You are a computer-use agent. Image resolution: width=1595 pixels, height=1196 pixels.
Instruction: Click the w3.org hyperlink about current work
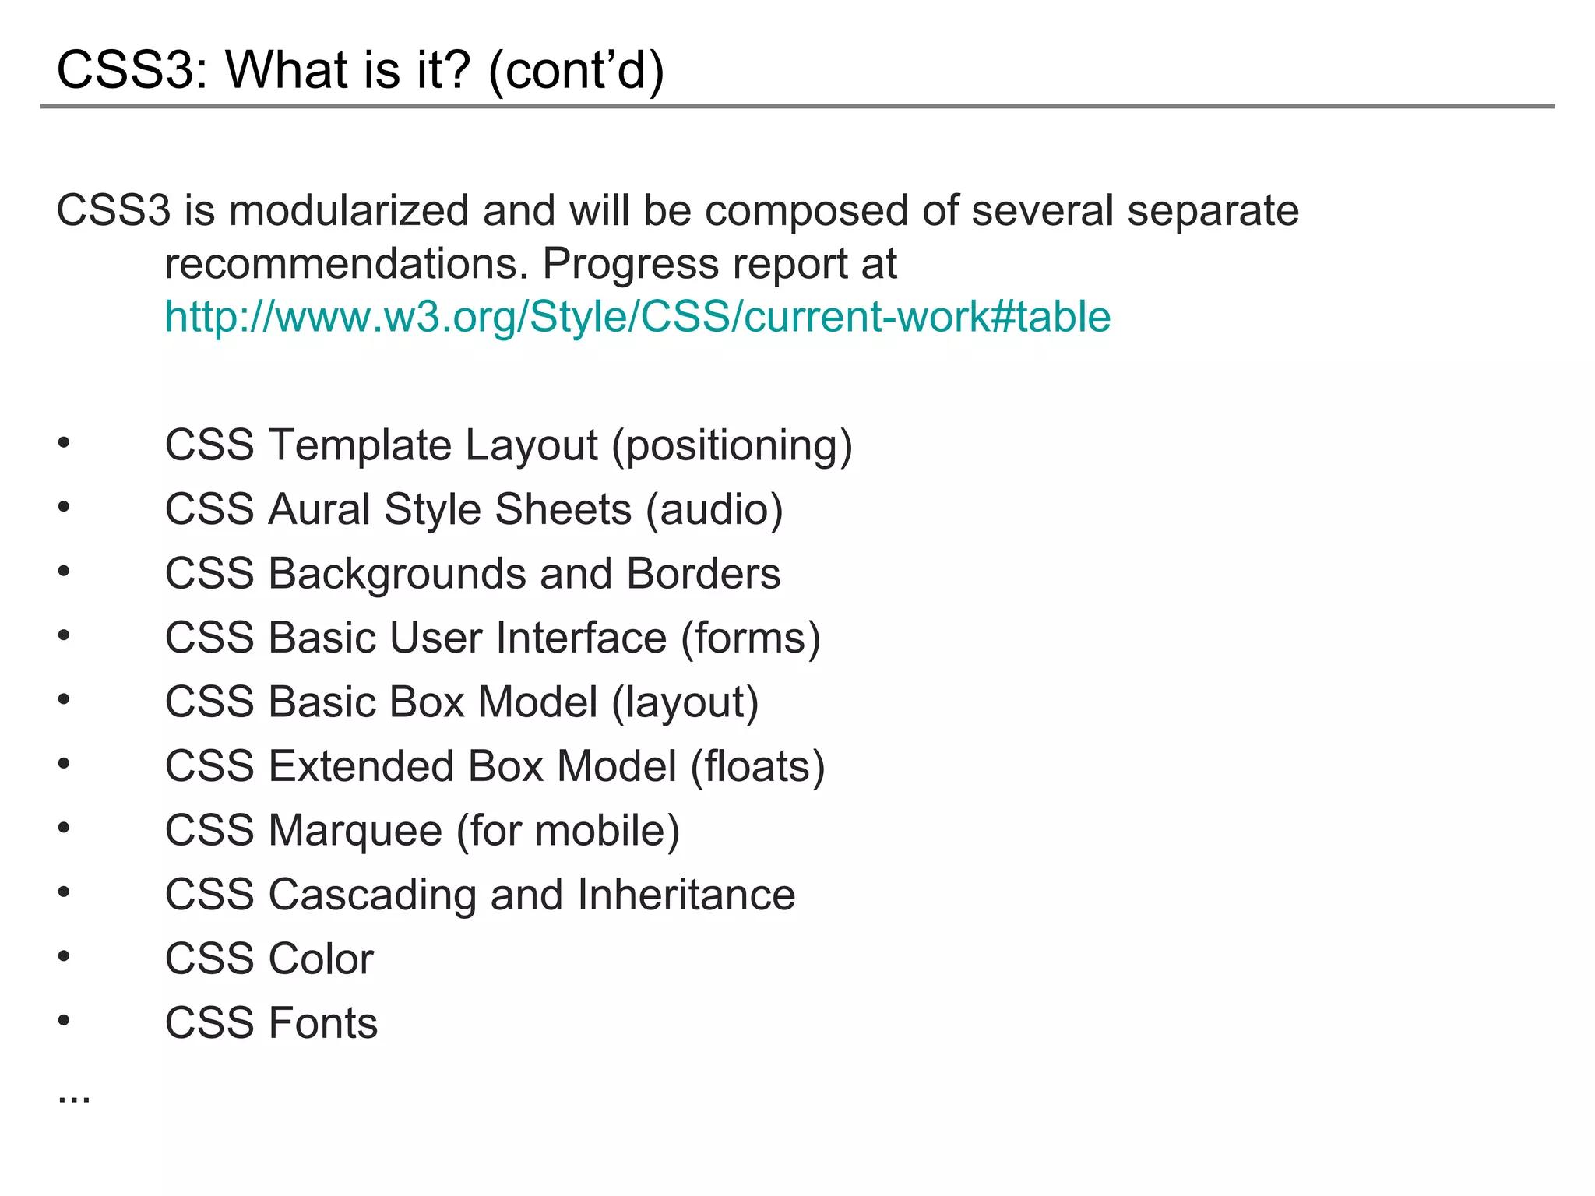[x=637, y=317]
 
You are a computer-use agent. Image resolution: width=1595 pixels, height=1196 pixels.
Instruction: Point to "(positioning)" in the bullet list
[x=732, y=445]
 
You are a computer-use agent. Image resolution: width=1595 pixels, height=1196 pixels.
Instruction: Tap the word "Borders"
[x=703, y=574]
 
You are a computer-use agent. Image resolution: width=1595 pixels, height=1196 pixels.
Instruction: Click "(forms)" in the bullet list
[x=751, y=638]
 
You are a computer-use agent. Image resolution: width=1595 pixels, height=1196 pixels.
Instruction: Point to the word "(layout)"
[x=685, y=702]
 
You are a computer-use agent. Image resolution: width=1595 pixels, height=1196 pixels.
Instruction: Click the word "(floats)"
[x=758, y=766]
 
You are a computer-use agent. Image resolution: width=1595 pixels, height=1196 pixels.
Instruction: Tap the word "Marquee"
[x=355, y=831]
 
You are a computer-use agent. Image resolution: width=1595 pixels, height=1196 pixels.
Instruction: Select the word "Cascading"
[x=372, y=895]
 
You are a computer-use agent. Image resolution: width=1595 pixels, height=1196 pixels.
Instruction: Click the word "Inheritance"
[x=686, y=895]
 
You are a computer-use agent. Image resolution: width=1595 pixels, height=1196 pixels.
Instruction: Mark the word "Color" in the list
[x=321, y=959]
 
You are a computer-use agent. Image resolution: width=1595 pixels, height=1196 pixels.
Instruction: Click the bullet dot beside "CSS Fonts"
[x=64, y=1020]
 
